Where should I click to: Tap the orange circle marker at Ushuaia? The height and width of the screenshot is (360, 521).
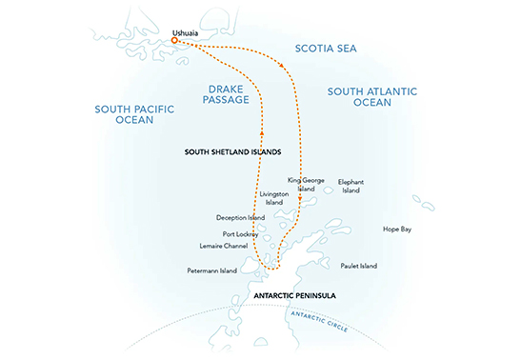(174, 41)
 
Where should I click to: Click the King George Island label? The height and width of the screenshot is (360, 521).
(301, 184)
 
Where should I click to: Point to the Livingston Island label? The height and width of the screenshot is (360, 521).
(272, 198)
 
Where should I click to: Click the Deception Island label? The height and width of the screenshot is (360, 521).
(240, 216)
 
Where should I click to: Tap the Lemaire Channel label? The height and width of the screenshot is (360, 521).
(225, 246)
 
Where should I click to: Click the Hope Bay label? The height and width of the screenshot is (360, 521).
(397, 230)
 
